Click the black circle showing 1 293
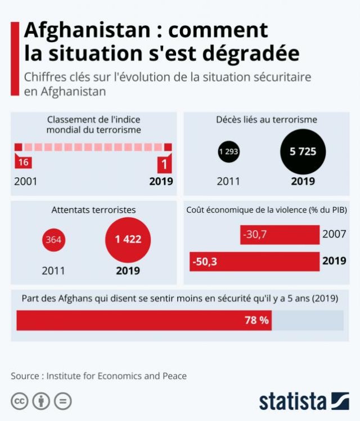tap(229, 151)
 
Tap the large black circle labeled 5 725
tap(303, 151)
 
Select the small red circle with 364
tap(53, 240)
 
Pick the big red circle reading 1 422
tap(128, 240)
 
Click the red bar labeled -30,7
tap(280, 234)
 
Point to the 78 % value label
tap(257, 320)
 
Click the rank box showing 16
tap(23, 163)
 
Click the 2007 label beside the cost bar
tap(334, 234)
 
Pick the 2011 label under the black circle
tap(228, 181)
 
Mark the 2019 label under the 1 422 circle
tap(128, 271)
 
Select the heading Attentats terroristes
tap(93, 210)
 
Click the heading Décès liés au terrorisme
tap(267, 119)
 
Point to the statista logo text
tap(292, 401)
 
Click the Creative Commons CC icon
tap(20, 401)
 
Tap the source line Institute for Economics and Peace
tap(116, 375)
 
